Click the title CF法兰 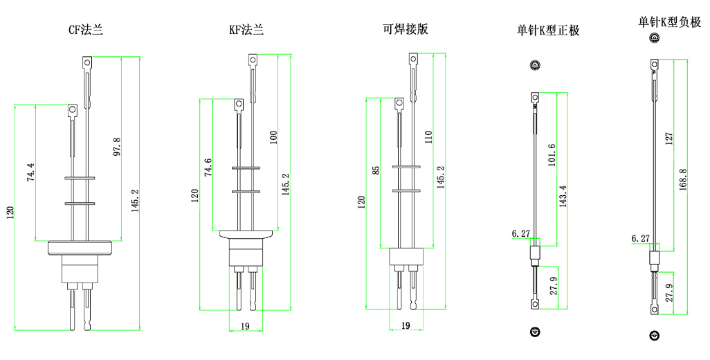(85, 30)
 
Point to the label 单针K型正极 (548, 30)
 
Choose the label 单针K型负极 (669, 22)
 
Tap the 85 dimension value (374, 170)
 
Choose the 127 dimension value (668, 138)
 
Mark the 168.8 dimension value (682, 181)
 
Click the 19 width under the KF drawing (246, 325)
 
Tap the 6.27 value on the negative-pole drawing (641, 238)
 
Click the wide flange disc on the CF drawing (81, 247)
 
